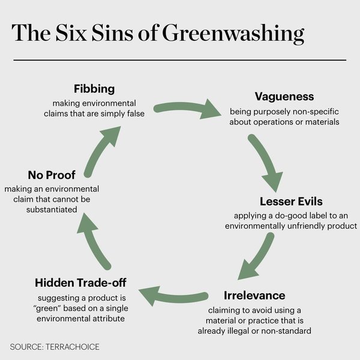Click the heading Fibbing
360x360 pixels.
94,89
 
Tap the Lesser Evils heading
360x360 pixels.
291,201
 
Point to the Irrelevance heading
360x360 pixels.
254,296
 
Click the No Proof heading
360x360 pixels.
52,175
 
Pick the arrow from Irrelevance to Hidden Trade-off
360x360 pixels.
173,296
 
